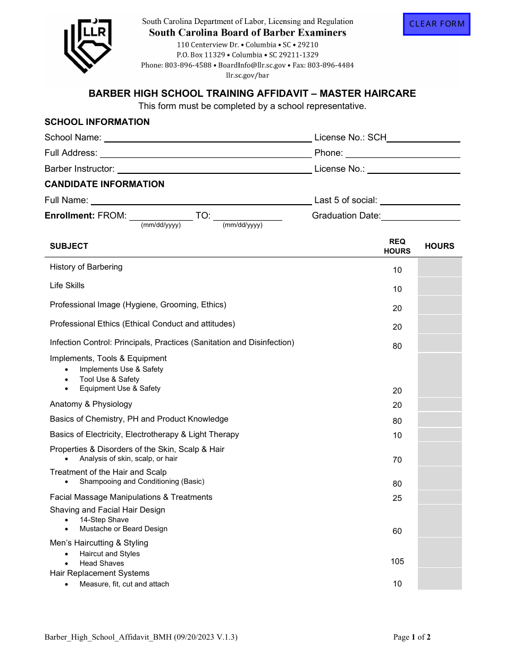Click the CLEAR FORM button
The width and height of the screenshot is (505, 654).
tap(436, 24)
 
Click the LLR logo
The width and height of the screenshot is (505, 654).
tap(88, 45)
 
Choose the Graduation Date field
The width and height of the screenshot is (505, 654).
tap(420, 215)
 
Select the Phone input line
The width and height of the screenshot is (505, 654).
tap(402, 153)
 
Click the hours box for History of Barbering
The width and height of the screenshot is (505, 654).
tap(439, 267)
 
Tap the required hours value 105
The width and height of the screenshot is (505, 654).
tap(397, 561)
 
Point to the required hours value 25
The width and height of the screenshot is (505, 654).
tap(397, 498)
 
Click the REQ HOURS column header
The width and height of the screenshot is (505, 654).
tap(397, 246)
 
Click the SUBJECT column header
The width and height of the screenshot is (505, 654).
tap(69, 246)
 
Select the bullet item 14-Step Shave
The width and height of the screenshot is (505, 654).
tap(104, 520)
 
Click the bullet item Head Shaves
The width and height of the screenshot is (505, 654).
tap(102, 564)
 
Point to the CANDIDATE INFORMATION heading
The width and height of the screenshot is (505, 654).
tap(104, 184)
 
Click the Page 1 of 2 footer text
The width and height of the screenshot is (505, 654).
tap(411, 637)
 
